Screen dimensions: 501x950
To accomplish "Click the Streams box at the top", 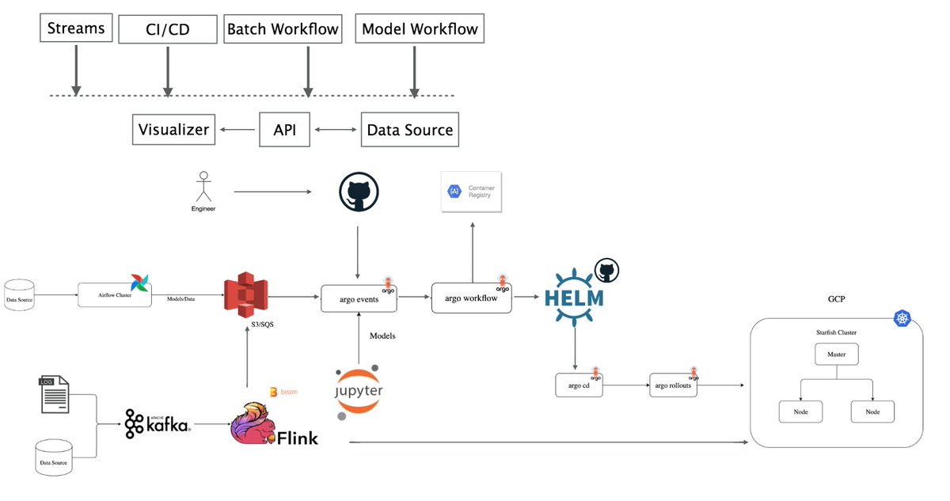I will coord(76,29).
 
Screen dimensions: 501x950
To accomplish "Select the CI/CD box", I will coord(167,30).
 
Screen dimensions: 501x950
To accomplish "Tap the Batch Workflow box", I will coord(283,29).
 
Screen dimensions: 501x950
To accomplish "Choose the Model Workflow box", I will coord(420,29).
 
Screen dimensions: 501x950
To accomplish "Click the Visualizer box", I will coord(173,130).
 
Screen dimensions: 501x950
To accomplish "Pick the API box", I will coord(284,130).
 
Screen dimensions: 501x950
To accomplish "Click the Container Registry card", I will coord(473,192).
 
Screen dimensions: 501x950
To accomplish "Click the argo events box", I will coord(359,298).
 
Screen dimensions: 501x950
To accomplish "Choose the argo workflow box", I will coord(471,298).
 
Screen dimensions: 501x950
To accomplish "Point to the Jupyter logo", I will coord(358,391).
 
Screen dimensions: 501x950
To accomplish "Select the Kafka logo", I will coord(158,424).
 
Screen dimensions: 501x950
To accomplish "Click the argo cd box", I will coord(579,385).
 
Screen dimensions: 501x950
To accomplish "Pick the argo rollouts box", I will coord(673,385).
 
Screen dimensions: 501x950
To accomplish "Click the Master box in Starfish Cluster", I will coord(837,354).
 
